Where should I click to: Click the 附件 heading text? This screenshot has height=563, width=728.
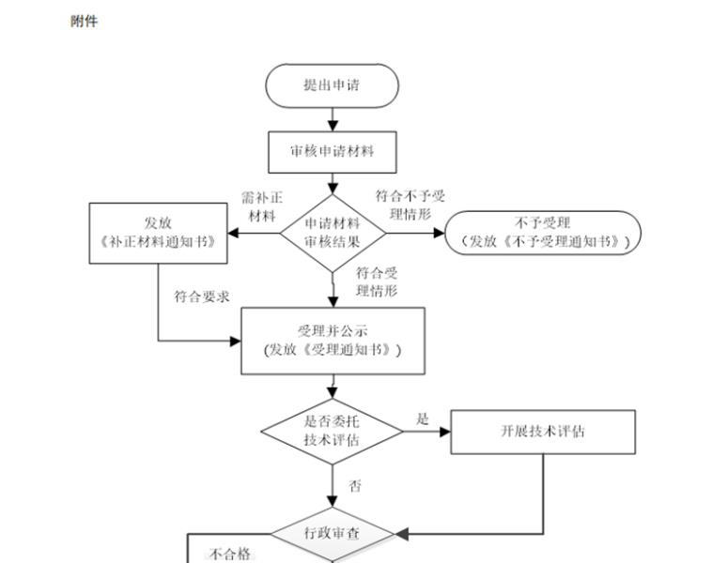click(84, 21)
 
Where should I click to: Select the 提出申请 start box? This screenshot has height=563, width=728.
click(332, 85)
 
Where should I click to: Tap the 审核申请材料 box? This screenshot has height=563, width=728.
click(332, 150)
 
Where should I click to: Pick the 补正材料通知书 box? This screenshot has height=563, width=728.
click(158, 233)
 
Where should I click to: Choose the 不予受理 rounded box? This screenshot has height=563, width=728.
click(543, 233)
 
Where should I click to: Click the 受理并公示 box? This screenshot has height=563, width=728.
click(333, 341)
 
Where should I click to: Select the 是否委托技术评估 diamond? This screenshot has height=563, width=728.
click(333, 431)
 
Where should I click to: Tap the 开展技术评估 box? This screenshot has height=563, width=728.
click(543, 432)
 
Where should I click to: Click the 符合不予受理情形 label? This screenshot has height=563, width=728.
click(410, 205)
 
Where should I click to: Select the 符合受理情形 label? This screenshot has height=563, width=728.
click(377, 282)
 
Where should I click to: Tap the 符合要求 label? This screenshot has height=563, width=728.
click(201, 297)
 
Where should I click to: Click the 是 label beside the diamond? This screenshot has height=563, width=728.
click(423, 419)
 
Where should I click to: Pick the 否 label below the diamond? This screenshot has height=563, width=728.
click(355, 486)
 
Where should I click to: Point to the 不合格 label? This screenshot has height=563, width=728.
click(230, 554)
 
